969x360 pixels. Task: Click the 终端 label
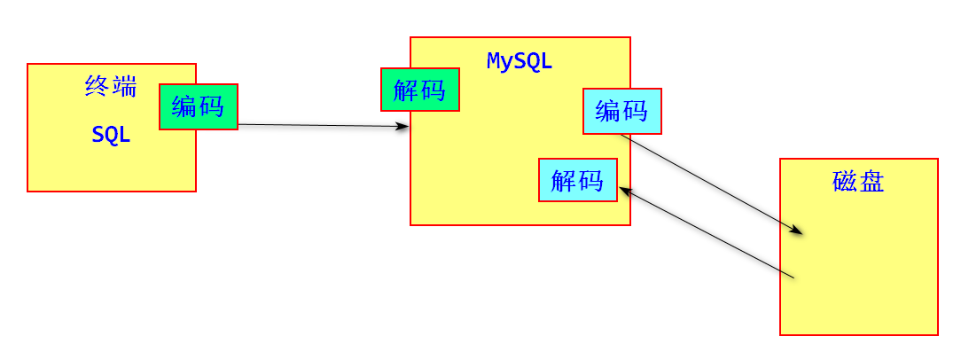click(x=111, y=86)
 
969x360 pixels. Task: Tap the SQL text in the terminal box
click(x=111, y=136)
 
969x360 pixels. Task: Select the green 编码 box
click(x=199, y=106)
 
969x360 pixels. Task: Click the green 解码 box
click(x=420, y=90)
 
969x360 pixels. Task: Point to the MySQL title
click(x=520, y=61)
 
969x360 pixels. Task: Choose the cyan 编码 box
click(x=621, y=111)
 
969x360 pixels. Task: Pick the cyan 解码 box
click(x=577, y=180)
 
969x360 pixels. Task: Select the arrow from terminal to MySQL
click(x=319, y=126)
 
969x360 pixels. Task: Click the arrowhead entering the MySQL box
click(x=403, y=127)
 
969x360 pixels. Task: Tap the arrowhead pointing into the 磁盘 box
click(x=797, y=231)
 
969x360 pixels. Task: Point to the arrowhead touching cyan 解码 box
click(x=625, y=190)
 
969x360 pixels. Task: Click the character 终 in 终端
click(x=98, y=86)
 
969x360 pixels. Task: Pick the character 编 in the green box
click(x=185, y=106)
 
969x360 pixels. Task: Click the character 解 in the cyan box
click(x=564, y=180)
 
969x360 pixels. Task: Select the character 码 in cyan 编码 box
click(x=635, y=111)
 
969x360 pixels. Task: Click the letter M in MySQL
click(x=494, y=61)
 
